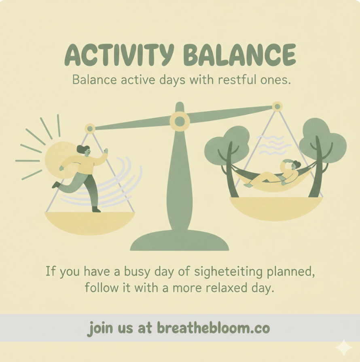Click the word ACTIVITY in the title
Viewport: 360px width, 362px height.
[x=119, y=55]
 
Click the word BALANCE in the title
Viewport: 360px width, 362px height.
[x=239, y=55]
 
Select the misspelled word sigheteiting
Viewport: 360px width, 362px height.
[x=228, y=272]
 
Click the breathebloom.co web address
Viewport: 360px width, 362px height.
[x=213, y=328]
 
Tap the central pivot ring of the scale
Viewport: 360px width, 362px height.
[x=180, y=121]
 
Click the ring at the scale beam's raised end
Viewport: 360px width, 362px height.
[x=277, y=107]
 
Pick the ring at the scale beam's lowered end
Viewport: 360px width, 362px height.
[x=90, y=128]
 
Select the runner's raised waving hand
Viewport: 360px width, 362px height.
[x=106, y=151]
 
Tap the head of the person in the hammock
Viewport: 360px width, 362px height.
[x=294, y=164]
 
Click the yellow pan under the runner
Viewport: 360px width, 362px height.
[x=90, y=223]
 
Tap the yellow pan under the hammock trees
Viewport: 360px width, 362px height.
[x=276, y=208]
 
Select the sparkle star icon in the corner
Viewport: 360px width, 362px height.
[x=344, y=347]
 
